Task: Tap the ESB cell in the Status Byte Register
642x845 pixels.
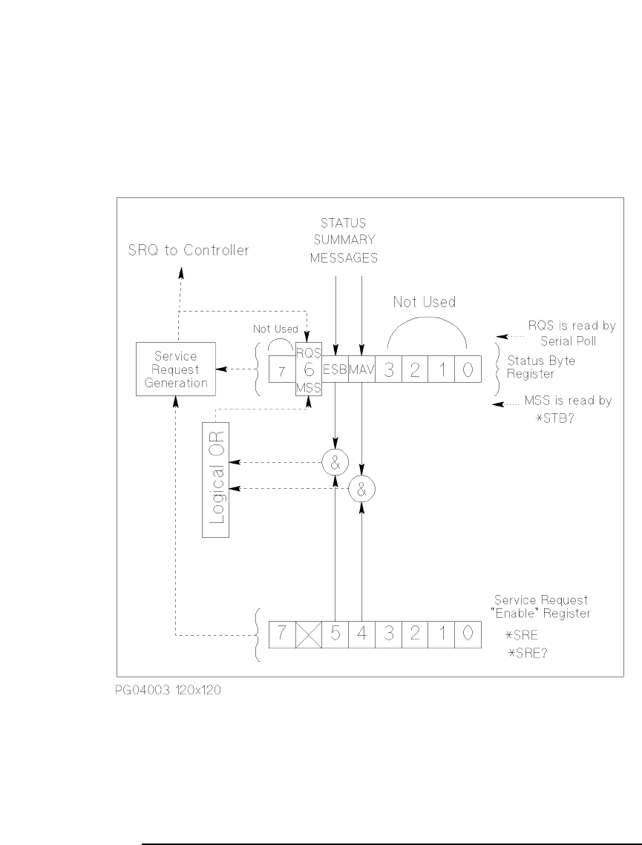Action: [335, 369]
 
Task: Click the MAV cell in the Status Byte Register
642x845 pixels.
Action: [361, 369]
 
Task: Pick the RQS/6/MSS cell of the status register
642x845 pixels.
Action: [308, 369]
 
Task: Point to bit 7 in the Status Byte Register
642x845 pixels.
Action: [281, 369]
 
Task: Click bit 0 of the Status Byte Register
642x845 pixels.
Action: [468, 369]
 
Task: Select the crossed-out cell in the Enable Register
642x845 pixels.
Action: [308, 635]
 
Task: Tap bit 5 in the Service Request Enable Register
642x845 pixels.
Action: [335, 635]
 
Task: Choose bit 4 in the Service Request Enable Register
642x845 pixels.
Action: [361, 635]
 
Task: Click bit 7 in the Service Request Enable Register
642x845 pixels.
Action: [281, 635]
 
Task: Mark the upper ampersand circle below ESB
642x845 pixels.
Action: [335, 463]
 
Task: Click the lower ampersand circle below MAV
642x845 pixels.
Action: [362, 488]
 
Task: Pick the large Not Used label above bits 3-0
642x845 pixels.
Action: [424, 303]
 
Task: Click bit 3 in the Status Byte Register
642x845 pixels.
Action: [388, 369]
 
